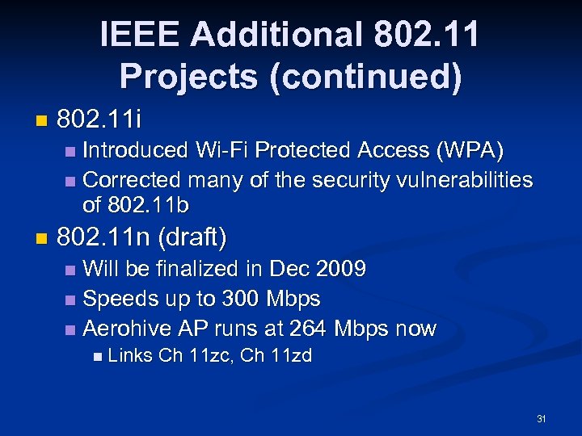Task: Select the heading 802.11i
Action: [99, 121]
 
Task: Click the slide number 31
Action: [542, 419]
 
